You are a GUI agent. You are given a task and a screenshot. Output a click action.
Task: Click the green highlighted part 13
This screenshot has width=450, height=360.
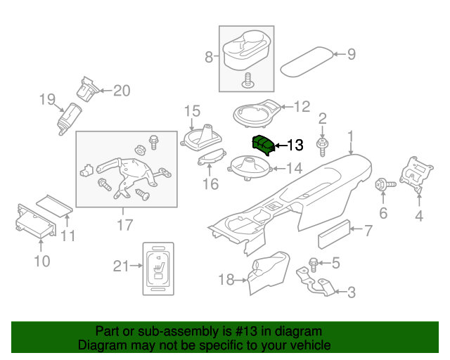(x=263, y=145)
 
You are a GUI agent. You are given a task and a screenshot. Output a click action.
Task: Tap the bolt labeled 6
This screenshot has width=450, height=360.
(x=382, y=186)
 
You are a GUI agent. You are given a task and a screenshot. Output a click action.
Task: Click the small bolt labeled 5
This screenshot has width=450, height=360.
(x=314, y=264)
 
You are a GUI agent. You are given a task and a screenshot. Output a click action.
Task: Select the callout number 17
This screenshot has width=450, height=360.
(x=124, y=226)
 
